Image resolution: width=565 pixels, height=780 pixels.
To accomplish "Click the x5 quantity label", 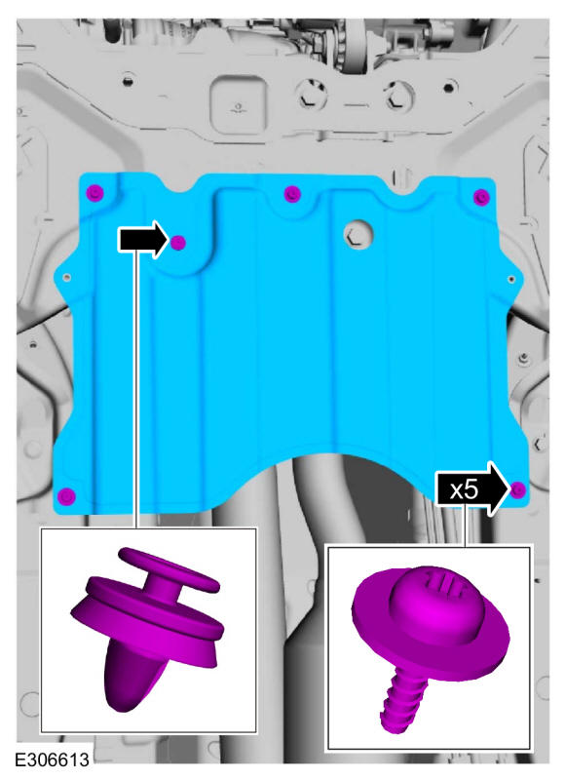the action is (464, 490).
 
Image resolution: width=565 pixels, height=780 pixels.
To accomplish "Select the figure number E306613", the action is (53, 760).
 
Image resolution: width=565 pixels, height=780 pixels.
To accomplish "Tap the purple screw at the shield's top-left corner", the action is (94, 192).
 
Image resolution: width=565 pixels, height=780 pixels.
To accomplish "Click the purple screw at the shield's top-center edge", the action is (292, 193).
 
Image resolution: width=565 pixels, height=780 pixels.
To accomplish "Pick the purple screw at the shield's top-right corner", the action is (481, 197).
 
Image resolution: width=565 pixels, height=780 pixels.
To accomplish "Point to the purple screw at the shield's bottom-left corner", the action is (66, 496).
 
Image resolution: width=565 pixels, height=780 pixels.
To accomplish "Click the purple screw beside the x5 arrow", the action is (518, 489).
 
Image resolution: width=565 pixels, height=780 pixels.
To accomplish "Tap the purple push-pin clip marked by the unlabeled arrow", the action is (178, 243).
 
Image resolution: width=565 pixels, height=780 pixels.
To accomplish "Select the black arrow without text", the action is (143, 239).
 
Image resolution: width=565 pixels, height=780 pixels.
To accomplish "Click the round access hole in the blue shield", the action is (358, 234).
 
